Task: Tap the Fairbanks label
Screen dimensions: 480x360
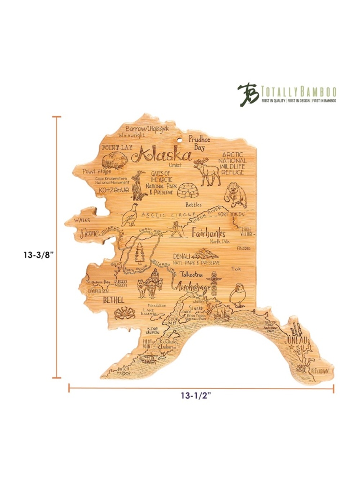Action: click(x=208, y=233)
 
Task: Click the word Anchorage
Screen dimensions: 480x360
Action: click(x=193, y=288)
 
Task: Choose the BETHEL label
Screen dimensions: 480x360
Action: click(x=113, y=300)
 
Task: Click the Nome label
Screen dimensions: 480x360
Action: click(x=89, y=234)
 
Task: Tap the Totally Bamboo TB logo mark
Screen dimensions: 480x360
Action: click(x=248, y=95)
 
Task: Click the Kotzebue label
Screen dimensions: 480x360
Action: click(x=113, y=190)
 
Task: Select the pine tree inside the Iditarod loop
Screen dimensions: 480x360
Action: click(x=140, y=253)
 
